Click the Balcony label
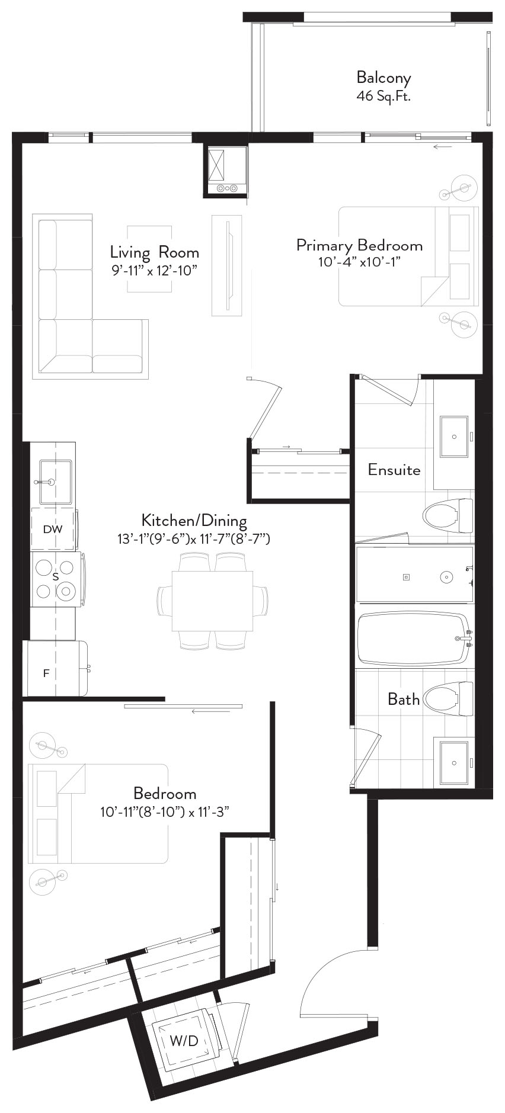(x=383, y=78)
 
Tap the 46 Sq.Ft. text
(x=383, y=96)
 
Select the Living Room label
(x=154, y=252)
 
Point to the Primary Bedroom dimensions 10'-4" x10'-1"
(x=360, y=262)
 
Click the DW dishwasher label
(x=53, y=530)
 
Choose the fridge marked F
(x=56, y=668)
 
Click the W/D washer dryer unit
(x=185, y=1041)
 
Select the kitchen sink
(x=55, y=480)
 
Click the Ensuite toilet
(x=448, y=515)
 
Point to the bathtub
(x=414, y=639)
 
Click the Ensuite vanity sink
(x=454, y=437)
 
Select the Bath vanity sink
(x=453, y=762)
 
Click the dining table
(x=213, y=601)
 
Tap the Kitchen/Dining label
(x=194, y=521)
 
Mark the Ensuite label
(x=394, y=470)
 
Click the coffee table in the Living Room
(x=150, y=258)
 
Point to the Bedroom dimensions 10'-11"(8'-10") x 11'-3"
(x=165, y=812)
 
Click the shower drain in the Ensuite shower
(x=407, y=577)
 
